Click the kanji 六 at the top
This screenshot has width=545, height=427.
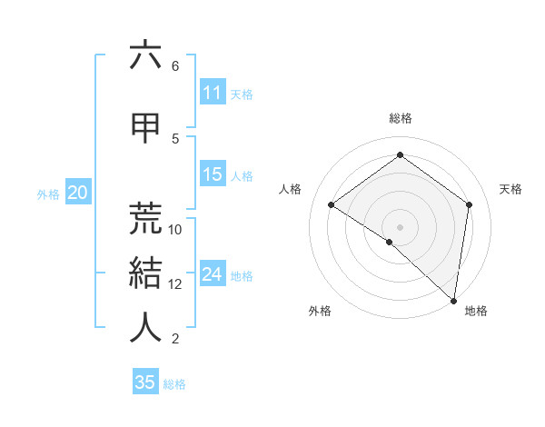coord(145,55)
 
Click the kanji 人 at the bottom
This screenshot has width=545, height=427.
coord(145,326)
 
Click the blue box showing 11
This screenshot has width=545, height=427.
coord(212,93)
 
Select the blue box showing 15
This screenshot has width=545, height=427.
coord(212,174)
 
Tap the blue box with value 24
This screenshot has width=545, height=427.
coord(212,274)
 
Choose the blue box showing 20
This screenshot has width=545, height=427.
coord(77,193)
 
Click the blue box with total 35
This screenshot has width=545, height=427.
coord(145,382)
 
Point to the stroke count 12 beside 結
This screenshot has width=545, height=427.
coord(175,284)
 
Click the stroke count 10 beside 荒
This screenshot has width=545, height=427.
coord(175,229)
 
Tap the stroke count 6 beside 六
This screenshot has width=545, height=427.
coord(175,66)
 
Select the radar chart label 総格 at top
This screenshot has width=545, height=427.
coord(401,118)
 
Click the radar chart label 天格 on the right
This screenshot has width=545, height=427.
coord(510,189)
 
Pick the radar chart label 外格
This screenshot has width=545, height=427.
coord(320,311)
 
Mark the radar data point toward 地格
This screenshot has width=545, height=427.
coord(454,301)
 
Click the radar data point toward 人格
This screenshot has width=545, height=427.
coord(332,205)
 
